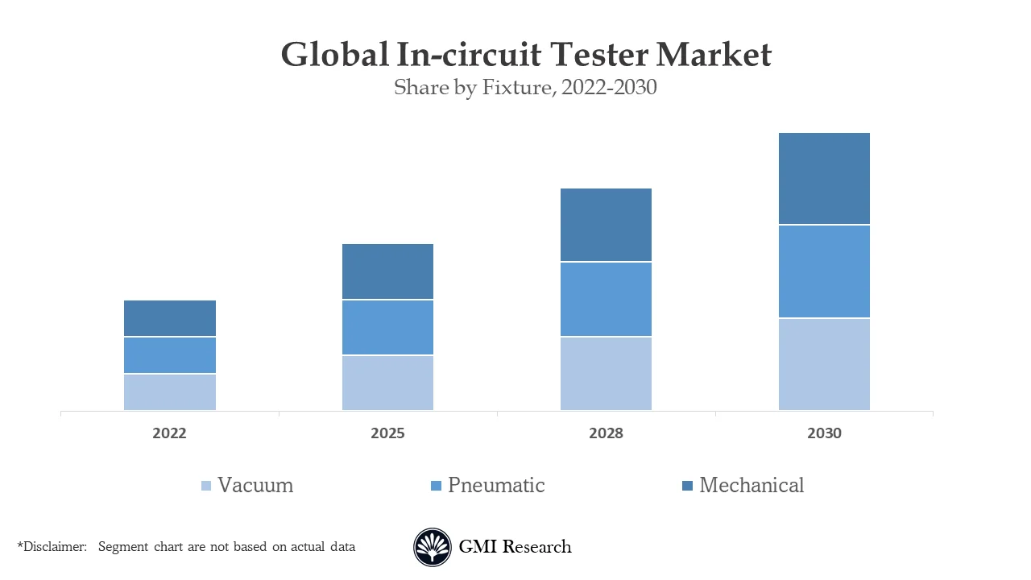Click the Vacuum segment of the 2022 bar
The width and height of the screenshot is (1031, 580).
tap(169, 392)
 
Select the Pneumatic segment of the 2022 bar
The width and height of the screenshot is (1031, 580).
tap(169, 355)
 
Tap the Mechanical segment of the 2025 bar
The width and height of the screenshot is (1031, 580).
tap(387, 271)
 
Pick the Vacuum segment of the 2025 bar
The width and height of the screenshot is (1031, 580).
tap(387, 383)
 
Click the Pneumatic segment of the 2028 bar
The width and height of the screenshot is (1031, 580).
tap(606, 300)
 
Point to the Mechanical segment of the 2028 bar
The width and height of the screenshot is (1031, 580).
tap(606, 225)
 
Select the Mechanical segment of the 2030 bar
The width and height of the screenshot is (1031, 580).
tap(824, 178)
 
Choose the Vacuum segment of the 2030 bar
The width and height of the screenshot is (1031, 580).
tap(824, 365)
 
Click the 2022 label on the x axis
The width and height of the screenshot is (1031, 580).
tap(169, 433)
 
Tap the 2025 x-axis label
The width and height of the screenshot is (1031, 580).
tap(387, 433)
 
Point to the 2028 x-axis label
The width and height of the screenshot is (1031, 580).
tap(606, 433)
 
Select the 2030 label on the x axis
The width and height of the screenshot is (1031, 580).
tap(824, 433)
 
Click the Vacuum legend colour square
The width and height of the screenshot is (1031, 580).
tap(206, 486)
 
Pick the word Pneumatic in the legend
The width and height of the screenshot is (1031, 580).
tap(496, 485)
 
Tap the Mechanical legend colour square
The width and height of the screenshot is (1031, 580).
tap(687, 486)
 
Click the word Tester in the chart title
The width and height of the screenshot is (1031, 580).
tap(598, 55)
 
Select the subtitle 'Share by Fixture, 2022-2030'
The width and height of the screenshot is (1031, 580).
tap(525, 87)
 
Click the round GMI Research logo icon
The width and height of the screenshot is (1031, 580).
tap(433, 548)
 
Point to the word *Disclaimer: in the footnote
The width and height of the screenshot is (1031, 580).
tap(52, 547)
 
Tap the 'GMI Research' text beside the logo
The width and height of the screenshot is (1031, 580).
tap(515, 547)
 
